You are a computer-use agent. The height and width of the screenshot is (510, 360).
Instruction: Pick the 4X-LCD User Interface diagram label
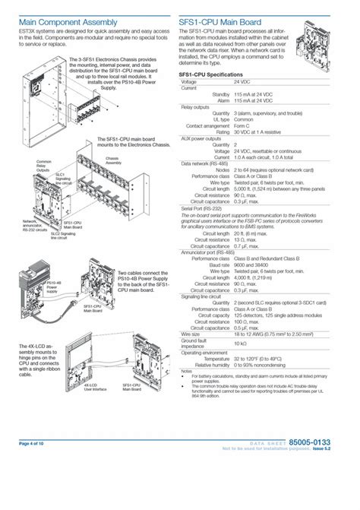tap(94, 388)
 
